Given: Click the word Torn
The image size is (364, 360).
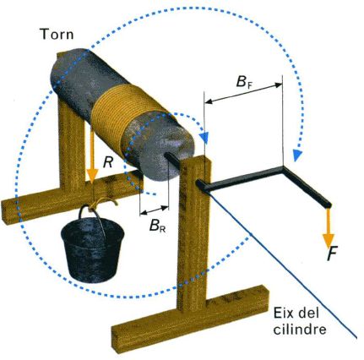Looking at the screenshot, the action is tap(57, 34).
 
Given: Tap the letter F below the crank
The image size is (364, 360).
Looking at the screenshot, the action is tap(332, 253).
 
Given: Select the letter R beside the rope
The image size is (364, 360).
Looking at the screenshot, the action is tap(109, 162).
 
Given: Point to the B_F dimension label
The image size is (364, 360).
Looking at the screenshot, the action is tap(244, 81).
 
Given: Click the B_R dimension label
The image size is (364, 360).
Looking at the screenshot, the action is tap(157, 225).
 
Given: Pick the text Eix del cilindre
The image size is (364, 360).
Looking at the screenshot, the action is tap(300, 321).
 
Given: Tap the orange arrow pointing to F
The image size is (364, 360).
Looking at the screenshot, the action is tap(328, 228).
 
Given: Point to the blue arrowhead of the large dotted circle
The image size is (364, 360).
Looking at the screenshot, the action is tap(296, 155).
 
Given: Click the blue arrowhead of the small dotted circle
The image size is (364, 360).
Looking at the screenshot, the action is tap(205, 138).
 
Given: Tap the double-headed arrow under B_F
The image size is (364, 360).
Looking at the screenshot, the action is tap(243, 93).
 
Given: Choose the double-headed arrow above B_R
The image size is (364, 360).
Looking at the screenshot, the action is tap(155, 210).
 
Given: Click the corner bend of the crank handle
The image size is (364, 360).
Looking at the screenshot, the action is tap(283, 168).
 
